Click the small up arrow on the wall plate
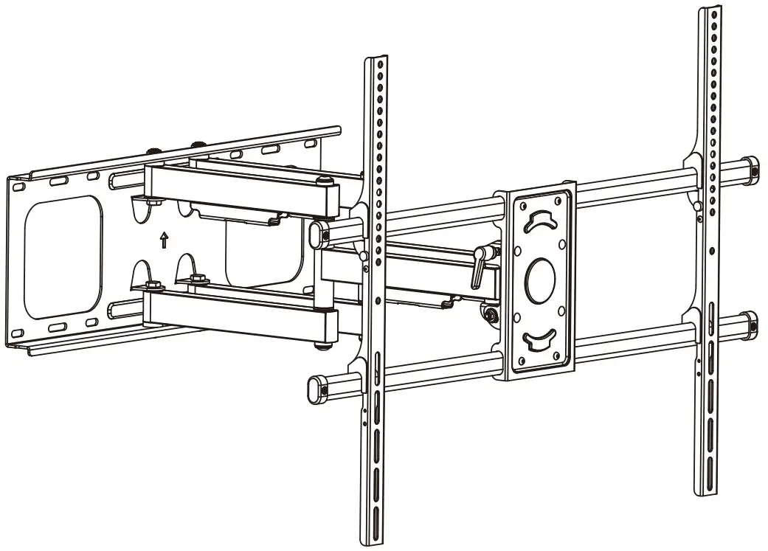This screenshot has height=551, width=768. pyautogui.click(x=165, y=240)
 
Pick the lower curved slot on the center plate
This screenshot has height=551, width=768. pyautogui.click(x=540, y=339)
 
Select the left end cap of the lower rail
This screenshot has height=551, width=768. pyautogui.click(x=318, y=388)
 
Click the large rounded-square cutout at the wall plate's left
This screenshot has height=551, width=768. pyautogui.click(x=62, y=256)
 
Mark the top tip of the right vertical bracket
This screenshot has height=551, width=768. pyautogui.click(x=710, y=9)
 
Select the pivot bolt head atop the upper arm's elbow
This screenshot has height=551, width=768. pyautogui.click(x=322, y=181)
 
